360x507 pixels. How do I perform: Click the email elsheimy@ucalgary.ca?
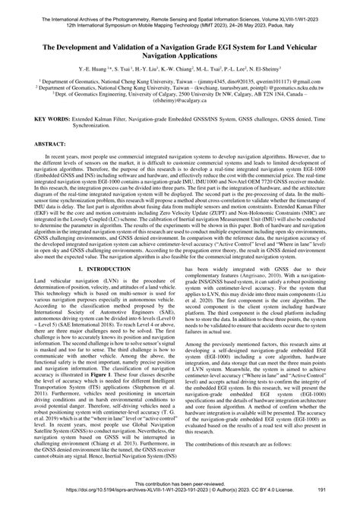tap(180, 119)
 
